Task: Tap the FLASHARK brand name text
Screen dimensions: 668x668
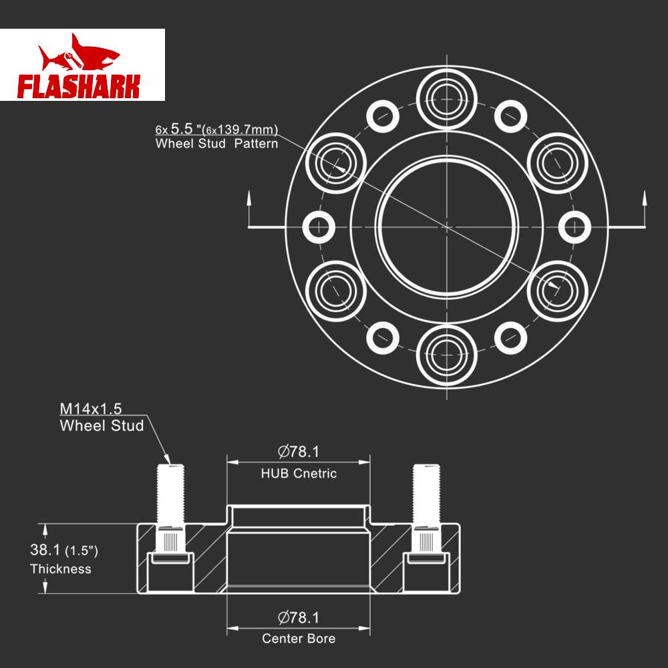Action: coord(79,86)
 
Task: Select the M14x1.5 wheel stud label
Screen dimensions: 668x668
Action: coord(91,409)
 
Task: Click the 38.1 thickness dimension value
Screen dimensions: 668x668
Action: coord(45,550)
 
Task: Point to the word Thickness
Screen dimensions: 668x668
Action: coord(61,568)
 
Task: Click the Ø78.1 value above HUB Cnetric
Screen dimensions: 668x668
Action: coord(298,452)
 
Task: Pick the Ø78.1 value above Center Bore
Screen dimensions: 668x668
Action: coord(298,617)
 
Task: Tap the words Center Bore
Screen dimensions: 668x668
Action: coord(299,638)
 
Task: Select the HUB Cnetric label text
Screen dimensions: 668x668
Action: coord(299,474)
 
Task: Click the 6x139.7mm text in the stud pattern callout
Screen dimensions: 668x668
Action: coord(240,129)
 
